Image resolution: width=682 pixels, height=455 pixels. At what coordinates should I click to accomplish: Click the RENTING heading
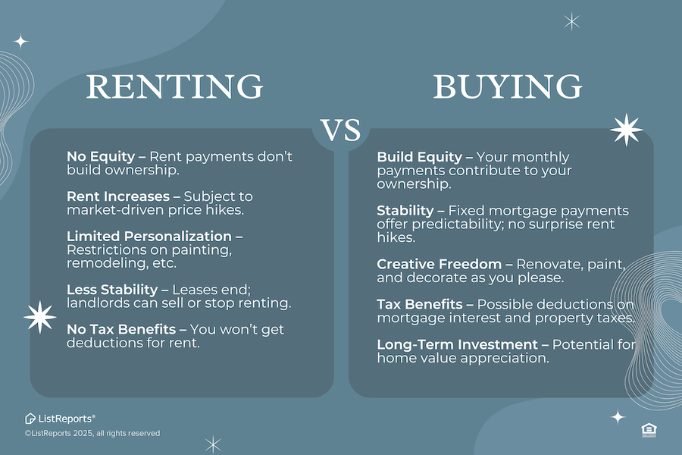[174, 86]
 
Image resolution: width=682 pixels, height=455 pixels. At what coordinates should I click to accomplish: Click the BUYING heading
[508, 86]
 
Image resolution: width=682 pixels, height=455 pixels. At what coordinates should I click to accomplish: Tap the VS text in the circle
[340, 130]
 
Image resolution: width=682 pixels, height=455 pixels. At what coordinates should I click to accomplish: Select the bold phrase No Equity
[101, 156]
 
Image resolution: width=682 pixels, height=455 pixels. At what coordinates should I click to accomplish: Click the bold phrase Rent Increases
[118, 196]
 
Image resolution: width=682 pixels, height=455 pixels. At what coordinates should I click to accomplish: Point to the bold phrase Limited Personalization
[149, 236]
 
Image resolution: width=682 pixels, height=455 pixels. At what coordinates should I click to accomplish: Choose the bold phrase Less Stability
[112, 289]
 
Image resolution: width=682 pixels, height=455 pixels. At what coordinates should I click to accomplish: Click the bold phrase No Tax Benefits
[121, 329]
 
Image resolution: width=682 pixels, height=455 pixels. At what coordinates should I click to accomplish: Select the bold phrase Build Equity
[419, 157]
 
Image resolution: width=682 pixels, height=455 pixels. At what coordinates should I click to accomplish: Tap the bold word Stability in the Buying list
[405, 210]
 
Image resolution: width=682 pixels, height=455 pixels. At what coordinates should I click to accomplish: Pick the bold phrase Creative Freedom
[440, 264]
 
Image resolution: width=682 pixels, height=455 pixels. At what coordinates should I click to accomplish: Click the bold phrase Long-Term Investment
[457, 344]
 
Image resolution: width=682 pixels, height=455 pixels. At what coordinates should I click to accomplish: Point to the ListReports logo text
[60, 419]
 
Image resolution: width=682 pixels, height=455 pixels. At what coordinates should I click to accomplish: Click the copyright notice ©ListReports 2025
[92, 433]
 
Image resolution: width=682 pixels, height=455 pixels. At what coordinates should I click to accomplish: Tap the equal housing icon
[649, 430]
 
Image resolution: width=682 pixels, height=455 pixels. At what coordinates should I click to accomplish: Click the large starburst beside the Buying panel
[626, 130]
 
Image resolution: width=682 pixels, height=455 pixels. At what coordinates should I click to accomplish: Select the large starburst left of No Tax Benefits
[40, 317]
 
